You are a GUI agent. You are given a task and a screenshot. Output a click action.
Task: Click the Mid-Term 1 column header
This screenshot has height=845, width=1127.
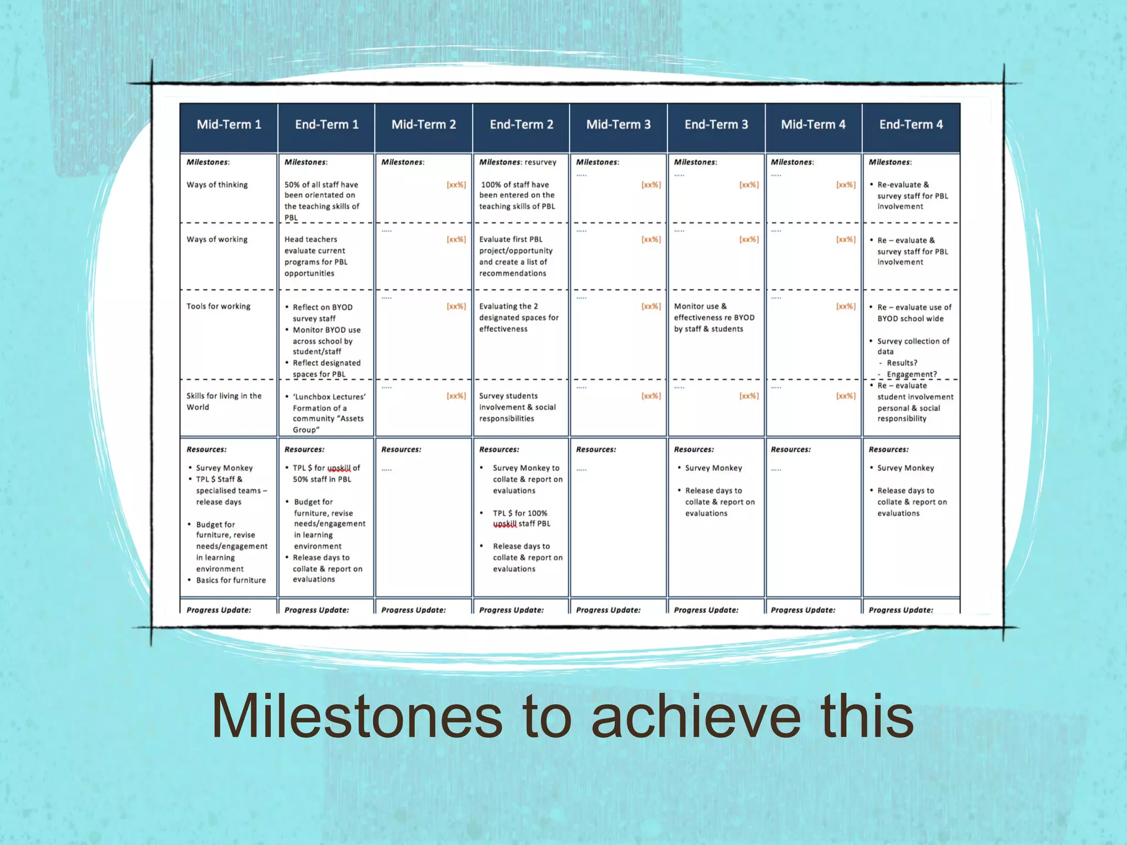pyautogui.click(x=229, y=125)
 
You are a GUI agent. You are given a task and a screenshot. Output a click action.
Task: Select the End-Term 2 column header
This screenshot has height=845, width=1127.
pyautogui.click(x=521, y=125)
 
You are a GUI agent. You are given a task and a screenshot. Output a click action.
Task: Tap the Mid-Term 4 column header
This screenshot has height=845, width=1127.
pyautogui.click(x=813, y=125)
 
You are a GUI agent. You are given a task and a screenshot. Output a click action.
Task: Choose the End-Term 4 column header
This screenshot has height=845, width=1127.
pyautogui.click(x=911, y=125)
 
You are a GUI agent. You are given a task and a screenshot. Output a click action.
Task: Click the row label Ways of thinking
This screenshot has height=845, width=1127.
pyautogui.click(x=217, y=185)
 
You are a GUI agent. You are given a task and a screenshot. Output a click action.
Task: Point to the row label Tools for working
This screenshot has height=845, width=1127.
pyautogui.click(x=218, y=306)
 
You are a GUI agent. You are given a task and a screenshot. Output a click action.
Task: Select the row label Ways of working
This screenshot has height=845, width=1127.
pyautogui.click(x=217, y=239)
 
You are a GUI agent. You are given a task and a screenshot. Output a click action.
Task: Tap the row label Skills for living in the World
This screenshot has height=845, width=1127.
pyautogui.click(x=223, y=402)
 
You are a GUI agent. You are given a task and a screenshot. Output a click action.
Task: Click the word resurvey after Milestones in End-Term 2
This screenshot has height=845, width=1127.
pyautogui.click(x=540, y=162)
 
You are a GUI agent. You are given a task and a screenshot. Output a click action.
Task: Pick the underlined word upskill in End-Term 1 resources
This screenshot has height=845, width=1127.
pyautogui.click(x=339, y=468)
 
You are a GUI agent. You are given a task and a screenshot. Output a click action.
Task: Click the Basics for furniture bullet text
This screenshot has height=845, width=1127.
pyautogui.click(x=231, y=580)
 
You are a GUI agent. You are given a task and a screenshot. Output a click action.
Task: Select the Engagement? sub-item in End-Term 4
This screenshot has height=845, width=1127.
pyautogui.click(x=911, y=375)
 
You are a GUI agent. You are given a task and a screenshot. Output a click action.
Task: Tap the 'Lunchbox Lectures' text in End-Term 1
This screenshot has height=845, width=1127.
pyautogui.click(x=329, y=397)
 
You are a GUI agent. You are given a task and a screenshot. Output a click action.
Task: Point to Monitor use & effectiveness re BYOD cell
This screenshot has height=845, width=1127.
pyautogui.click(x=714, y=317)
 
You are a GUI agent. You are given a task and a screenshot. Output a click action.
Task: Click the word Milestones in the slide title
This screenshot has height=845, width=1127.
pyautogui.click(x=357, y=716)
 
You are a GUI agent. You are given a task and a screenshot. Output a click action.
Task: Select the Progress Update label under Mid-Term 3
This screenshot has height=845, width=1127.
pyautogui.click(x=608, y=610)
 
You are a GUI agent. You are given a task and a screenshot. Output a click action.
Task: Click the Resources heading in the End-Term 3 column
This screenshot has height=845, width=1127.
pyautogui.click(x=693, y=449)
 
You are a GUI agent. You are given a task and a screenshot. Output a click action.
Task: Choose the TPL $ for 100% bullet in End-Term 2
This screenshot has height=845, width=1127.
pyautogui.click(x=520, y=513)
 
